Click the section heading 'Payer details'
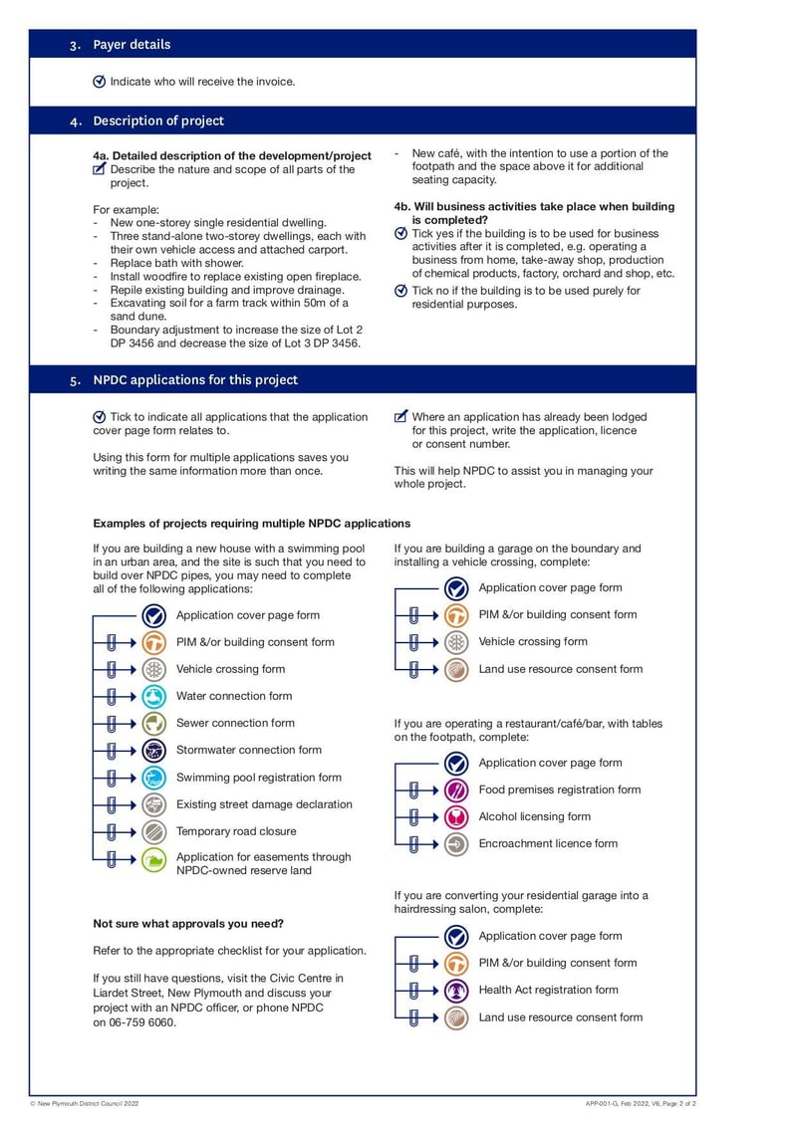pos(132,45)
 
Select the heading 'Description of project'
pos(158,121)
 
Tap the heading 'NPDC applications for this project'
pos(195,380)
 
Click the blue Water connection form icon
pos(153,696)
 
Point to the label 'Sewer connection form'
pos(235,723)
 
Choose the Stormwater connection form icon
pos(153,750)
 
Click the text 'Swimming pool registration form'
pos(258,778)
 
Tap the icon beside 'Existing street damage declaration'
pos(153,804)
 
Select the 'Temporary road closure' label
pos(236,831)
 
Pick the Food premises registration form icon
pos(456,790)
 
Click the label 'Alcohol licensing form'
pos(534,816)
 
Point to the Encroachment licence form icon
pos(456,844)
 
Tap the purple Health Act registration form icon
pos(456,991)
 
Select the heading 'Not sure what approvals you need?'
pos(188,923)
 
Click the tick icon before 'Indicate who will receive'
pos(99,82)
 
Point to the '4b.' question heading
pos(534,213)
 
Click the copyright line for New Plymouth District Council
pos(85,1104)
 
